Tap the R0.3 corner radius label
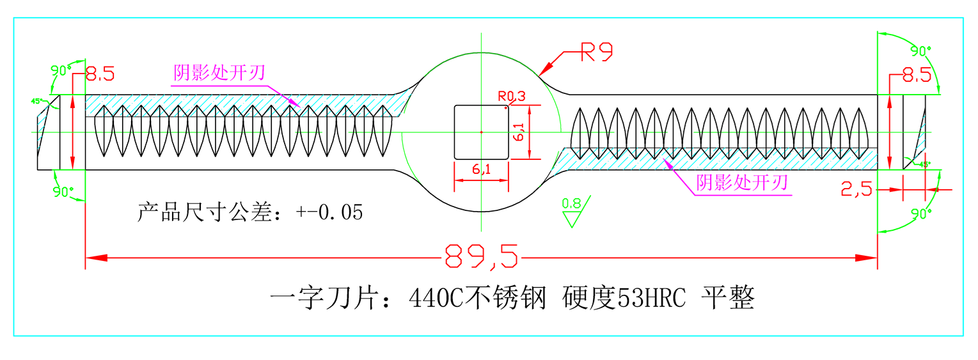tap(512, 97)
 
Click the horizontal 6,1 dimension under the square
tap(481, 170)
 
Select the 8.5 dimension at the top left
tap(100, 74)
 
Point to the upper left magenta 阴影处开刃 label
tap(219, 74)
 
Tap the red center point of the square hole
tap(481, 132)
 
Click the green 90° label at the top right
tap(921, 50)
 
